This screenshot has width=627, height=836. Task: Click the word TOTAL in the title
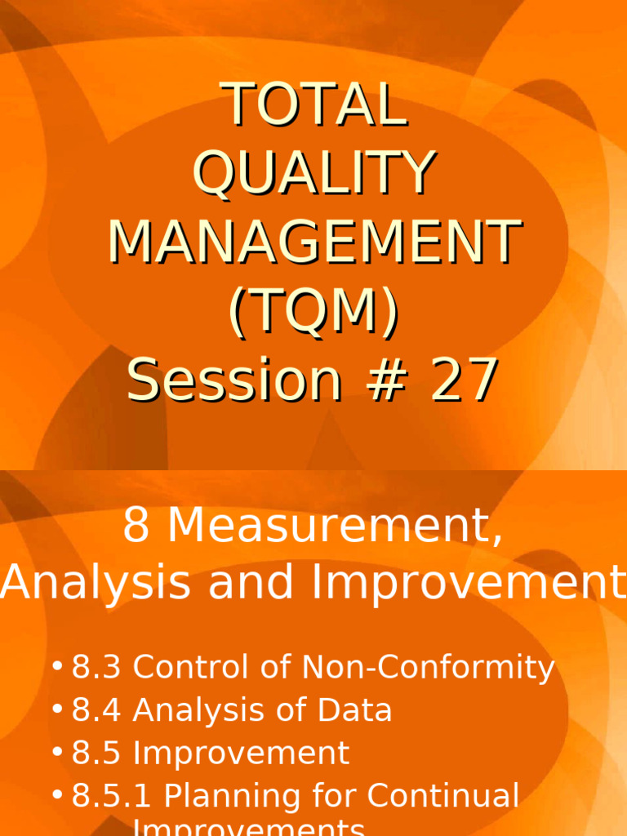point(316,104)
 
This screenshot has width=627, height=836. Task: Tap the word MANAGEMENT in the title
point(315,242)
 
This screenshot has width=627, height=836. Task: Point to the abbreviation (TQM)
point(314,311)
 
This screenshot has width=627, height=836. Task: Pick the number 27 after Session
point(465,380)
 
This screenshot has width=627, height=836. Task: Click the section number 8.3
point(96,668)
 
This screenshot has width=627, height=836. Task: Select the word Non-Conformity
point(429,668)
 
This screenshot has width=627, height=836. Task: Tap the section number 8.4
point(96,710)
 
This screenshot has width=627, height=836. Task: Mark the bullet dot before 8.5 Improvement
point(56,753)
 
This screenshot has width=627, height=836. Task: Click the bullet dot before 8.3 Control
point(56,668)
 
